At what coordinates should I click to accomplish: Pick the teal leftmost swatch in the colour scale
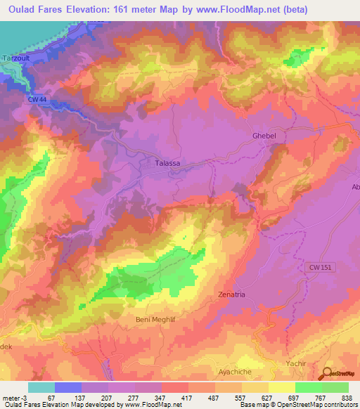click(41, 387)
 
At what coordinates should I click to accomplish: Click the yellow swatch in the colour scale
click(281, 387)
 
